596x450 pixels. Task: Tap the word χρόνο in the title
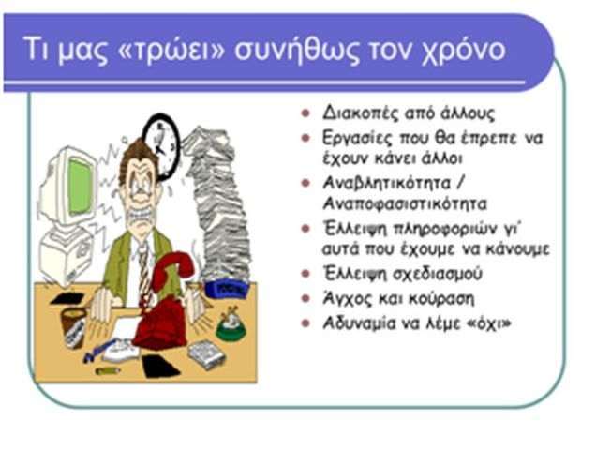coord(464,51)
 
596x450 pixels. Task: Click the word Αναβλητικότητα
coord(387,183)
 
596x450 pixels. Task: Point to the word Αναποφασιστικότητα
coord(405,203)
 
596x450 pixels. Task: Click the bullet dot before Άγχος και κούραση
coord(305,298)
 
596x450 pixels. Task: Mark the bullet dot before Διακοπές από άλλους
coord(305,113)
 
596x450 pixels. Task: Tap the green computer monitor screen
coord(80,187)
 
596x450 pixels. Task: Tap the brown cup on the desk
coord(73,328)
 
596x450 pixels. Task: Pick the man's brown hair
coord(138,159)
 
